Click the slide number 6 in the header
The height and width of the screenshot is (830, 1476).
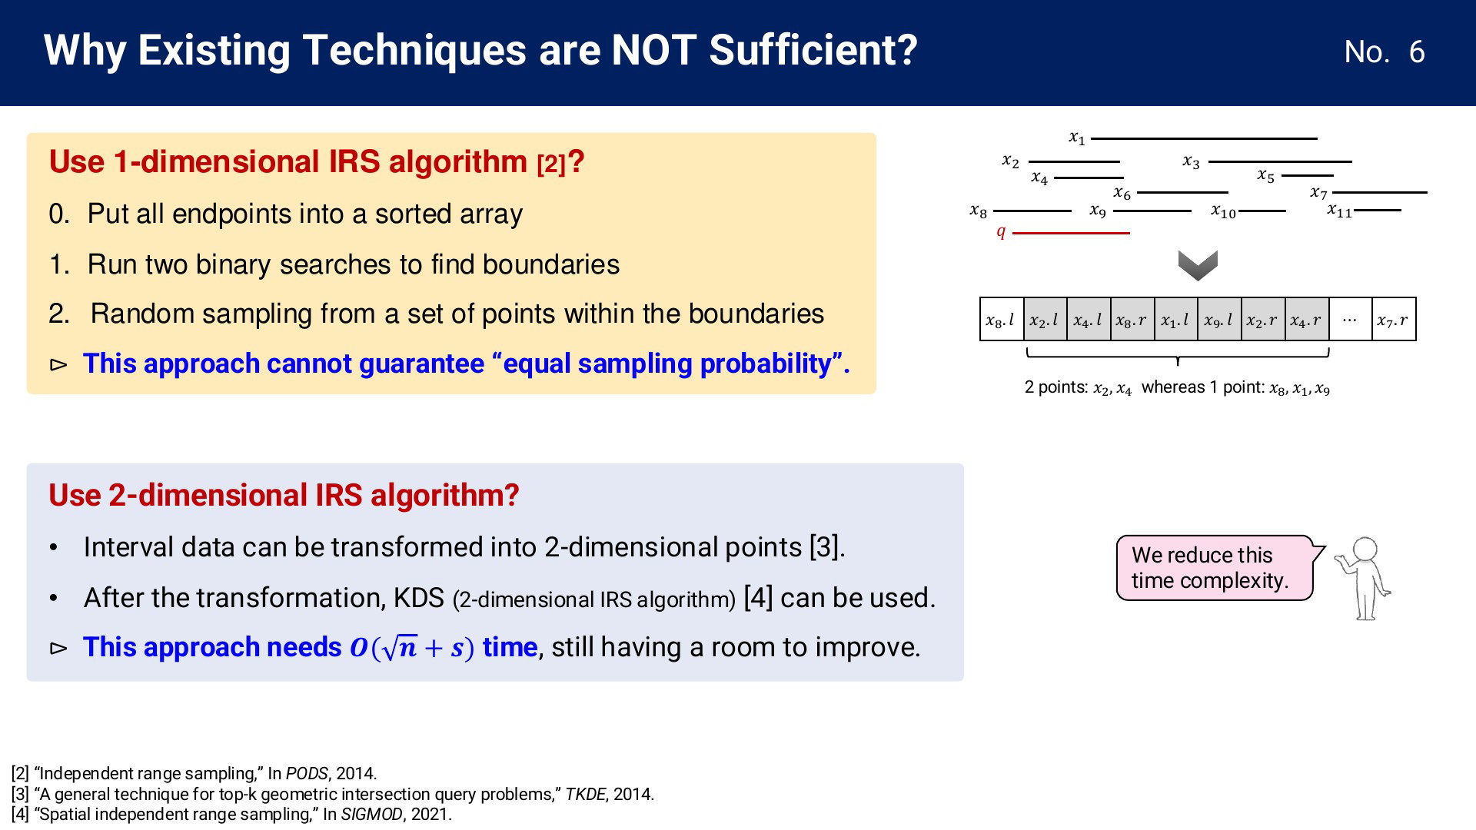(x=1417, y=52)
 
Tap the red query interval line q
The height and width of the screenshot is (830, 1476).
(x=1071, y=232)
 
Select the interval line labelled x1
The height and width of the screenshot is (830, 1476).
(x=1204, y=138)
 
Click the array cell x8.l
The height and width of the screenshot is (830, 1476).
(x=1002, y=319)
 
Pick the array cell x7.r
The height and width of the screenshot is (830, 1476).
(x=1394, y=319)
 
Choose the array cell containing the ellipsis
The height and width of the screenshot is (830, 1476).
(x=1350, y=319)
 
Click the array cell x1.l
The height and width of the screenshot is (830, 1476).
(x=1176, y=319)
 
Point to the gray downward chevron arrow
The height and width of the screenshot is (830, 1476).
(x=1198, y=265)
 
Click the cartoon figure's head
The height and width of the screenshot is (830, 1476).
(x=1365, y=549)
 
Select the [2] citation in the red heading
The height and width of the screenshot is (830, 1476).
(x=551, y=164)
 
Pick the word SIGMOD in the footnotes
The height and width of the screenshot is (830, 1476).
(x=372, y=814)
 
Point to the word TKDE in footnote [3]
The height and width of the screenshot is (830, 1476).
(x=586, y=794)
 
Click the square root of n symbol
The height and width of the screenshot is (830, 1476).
(x=399, y=648)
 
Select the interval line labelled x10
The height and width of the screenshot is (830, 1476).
(x=1262, y=211)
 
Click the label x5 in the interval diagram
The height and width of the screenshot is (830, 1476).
(x=1265, y=176)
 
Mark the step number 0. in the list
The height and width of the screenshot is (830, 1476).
(x=59, y=214)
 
